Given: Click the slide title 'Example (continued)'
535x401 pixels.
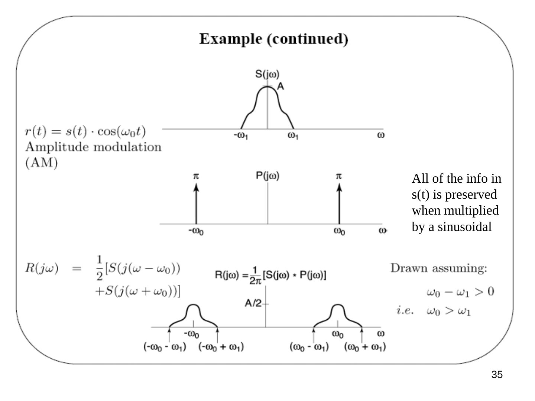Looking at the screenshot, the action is (273, 39).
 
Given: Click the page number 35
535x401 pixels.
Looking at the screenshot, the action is (497, 375).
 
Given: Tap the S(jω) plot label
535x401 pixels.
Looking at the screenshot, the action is (267, 74).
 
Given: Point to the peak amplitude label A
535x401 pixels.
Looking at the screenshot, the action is (281, 86).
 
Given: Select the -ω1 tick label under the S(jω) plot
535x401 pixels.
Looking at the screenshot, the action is (241, 136).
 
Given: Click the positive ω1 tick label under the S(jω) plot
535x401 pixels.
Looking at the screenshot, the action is (293, 136).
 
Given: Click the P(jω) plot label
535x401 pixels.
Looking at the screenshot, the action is (267, 176).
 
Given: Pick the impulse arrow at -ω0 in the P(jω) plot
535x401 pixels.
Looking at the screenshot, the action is (196, 204).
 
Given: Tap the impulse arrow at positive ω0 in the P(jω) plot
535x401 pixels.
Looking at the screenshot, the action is (339, 204).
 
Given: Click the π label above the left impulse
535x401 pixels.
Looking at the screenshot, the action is (196, 176).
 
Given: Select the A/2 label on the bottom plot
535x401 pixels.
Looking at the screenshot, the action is (253, 303).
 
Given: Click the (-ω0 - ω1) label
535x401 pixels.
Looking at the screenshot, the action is (165, 347).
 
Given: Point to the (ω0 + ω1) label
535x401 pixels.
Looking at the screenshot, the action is (365, 347).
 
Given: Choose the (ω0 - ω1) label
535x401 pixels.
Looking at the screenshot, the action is (309, 347).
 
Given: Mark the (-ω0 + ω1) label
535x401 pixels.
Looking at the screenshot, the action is (221, 347).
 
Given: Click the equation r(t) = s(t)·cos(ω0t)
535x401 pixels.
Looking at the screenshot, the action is (85, 132).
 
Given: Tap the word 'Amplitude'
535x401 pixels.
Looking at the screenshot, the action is (58, 147).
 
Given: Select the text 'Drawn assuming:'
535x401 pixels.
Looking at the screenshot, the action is (439, 268).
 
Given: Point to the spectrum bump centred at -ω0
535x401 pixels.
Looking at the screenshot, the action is (193, 316).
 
